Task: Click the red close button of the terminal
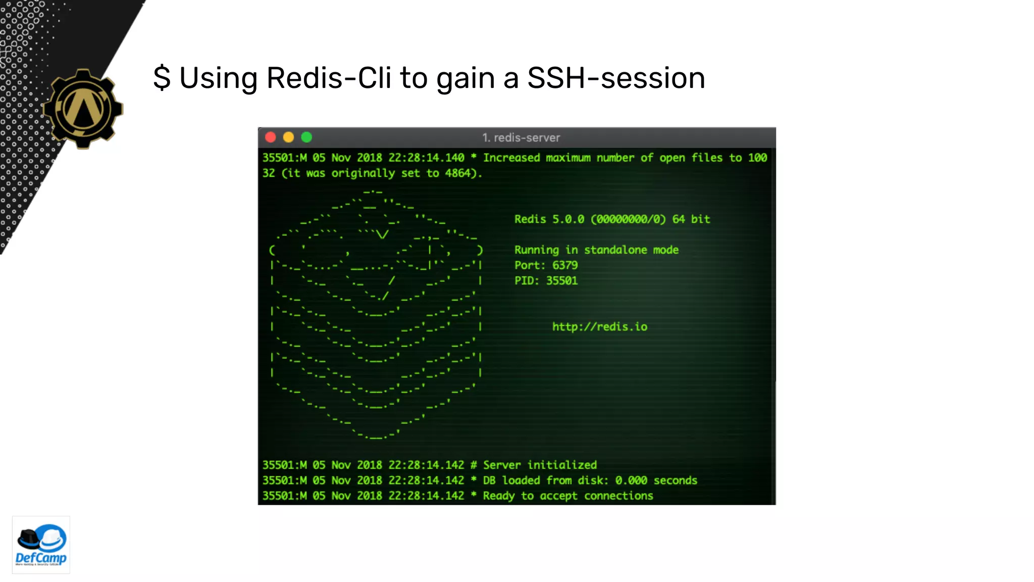(271, 137)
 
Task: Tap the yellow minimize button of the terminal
(288, 137)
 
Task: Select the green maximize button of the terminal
(306, 137)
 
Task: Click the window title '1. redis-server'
(521, 137)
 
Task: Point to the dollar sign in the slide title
(162, 78)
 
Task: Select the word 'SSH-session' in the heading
(616, 78)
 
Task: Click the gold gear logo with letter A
(83, 109)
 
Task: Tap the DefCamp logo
(41, 545)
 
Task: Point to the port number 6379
(565, 265)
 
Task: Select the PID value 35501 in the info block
(561, 281)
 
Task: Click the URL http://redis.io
(599, 327)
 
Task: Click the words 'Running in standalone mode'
(596, 250)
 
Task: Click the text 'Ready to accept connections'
(567, 496)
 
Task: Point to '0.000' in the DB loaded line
(631, 480)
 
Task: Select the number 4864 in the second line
(457, 173)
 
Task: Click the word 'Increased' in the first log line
(511, 158)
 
